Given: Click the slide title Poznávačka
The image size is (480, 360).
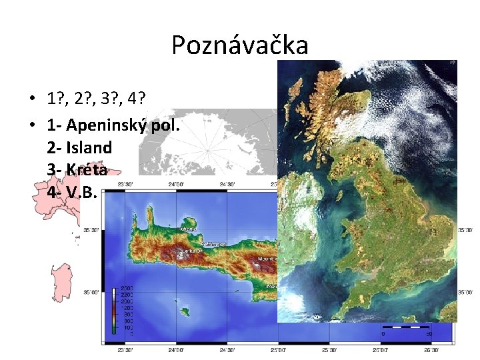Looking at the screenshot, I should click(x=239, y=45).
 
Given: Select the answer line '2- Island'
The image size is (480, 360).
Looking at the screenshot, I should click(x=79, y=147).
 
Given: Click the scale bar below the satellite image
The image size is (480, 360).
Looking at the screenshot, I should click(x=405, y=328).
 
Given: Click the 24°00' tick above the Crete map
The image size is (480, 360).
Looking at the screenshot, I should click(x=176, y=185).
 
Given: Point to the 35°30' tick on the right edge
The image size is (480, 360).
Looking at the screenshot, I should click(x=465, y=230).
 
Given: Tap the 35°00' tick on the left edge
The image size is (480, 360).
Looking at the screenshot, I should click(x=91, y=292).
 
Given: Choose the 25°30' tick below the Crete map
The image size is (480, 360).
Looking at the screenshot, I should click(x=329, y=349).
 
